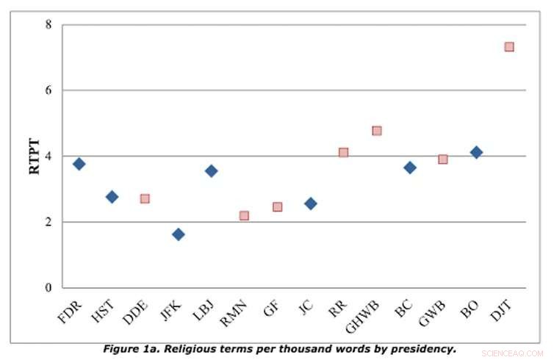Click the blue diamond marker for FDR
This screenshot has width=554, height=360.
(79, 164)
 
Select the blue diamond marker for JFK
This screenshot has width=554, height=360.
(178, 234)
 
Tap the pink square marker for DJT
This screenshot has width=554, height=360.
(509, 47)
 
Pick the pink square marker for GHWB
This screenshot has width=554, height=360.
(377, 131)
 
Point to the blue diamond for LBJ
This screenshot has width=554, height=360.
(211, 171)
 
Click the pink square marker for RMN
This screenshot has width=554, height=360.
(244, 216)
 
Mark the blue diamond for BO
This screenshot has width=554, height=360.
(476, 152)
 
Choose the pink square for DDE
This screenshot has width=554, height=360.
(145, 198)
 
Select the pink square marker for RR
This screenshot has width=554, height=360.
(343, 153)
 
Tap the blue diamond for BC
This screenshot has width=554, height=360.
(410, 168)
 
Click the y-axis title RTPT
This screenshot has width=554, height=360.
(34, 156)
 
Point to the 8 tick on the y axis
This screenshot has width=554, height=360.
(48, 24)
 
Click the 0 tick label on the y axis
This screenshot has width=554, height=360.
(48, 288)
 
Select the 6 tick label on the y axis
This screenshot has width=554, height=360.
(48, 90)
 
